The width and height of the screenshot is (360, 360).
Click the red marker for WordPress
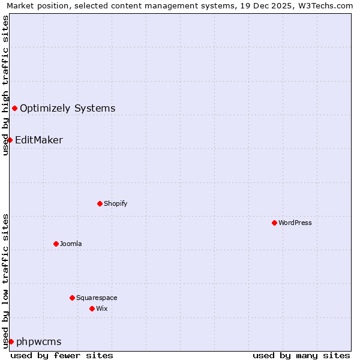[x=274, y=223]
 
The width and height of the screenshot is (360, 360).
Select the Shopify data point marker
[x=100, y=203]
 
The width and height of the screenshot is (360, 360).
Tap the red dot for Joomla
[x=56, y=244]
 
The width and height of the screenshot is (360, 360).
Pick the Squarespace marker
[x=72, y=298]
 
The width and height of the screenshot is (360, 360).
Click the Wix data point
[x=92, y=308]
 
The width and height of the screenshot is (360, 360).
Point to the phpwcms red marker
[x=11, y=341]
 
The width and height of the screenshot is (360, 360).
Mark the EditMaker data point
[x=10, y=140]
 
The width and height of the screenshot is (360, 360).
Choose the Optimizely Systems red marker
[x=14, y=108]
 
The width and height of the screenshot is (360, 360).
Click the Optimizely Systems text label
[x=67, y=109]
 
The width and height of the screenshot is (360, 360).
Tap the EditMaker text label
[x=39, y=140]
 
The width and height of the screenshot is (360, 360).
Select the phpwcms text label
[x=38, y=342]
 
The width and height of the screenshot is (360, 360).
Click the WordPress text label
[x=295, y=223]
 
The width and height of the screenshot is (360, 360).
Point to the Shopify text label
[x=115, y=204]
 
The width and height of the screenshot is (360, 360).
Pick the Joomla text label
[x=71, y=244]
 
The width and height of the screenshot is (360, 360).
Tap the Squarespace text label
[x=97, y=298]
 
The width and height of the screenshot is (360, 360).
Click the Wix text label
[x=101, y=309]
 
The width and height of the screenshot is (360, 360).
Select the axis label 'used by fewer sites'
[x=62, y=355]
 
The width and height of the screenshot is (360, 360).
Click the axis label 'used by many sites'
[x=301, y=355]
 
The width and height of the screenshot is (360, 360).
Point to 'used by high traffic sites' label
[x=5, y=85]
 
